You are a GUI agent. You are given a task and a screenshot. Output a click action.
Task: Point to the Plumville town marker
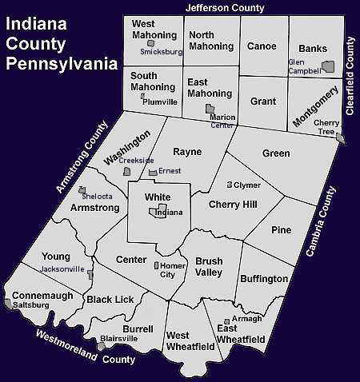click(142, 96)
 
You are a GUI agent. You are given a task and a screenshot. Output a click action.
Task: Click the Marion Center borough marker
click(210, 108)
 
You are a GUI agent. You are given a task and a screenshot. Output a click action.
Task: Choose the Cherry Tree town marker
click(342, 139)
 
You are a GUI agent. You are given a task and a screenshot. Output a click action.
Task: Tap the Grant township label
click(262, 102)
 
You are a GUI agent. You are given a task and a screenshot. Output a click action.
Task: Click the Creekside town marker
click(126, 171)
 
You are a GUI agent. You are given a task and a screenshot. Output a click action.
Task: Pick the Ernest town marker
click(153, 172)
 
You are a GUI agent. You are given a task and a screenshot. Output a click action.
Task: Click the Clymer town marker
click(230, 185)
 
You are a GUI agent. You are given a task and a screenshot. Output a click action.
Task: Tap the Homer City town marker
click(155, 265)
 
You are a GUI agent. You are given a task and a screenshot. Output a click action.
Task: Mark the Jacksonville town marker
click(90, 275)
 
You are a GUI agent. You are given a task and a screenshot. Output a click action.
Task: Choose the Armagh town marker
click(226, 322)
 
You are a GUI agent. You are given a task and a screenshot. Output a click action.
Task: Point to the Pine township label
click(281, 230)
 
